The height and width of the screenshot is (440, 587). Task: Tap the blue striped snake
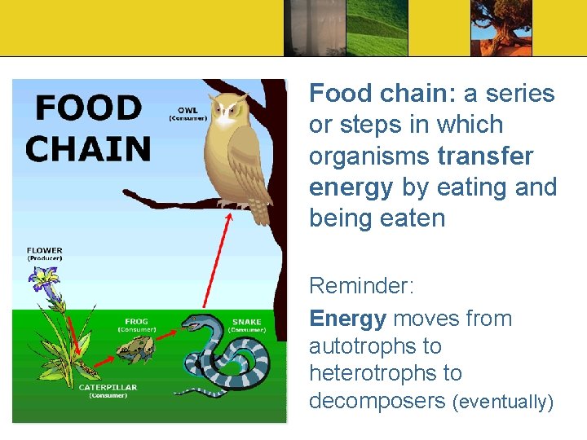click(x=224, y=359)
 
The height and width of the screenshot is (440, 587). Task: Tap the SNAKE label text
click(x=247, y=322)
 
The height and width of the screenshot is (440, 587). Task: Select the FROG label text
click(x=136, y=322)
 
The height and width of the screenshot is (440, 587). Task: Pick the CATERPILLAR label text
click(x=108, y=387)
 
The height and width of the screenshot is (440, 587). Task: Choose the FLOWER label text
click(x=44, y=250)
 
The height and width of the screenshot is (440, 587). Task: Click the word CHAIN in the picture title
click(x=88, y=149)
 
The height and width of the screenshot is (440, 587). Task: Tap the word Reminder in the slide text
click(x=361, y=286)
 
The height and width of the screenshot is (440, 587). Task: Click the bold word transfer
click(x=485, y=156)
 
